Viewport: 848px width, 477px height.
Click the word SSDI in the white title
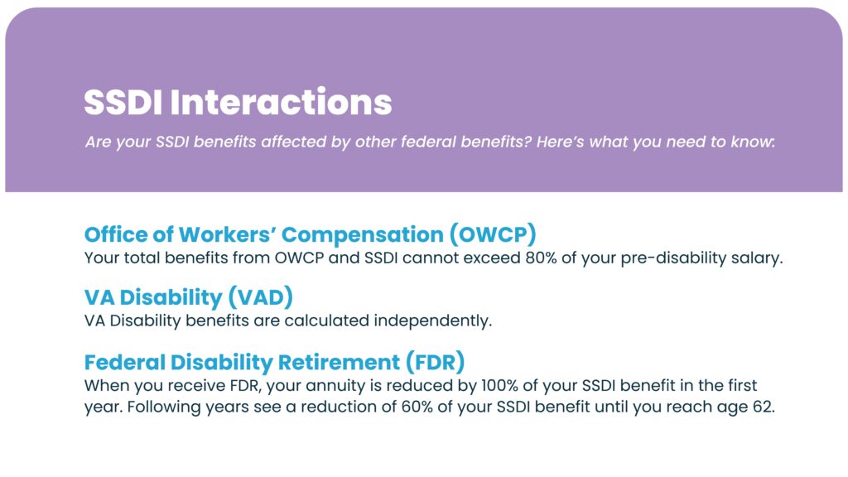coord(123,102)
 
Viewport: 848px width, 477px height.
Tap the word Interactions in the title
coord(282,102)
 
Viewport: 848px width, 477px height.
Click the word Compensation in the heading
coord(363,234)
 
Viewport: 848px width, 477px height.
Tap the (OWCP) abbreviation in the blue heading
coord(493,234)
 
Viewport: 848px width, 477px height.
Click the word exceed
coord(494,258)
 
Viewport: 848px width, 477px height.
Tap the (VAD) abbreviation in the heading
coord(261,297)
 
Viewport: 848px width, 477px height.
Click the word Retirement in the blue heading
coord(339,363)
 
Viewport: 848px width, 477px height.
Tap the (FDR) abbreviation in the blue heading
coord(436,363)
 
